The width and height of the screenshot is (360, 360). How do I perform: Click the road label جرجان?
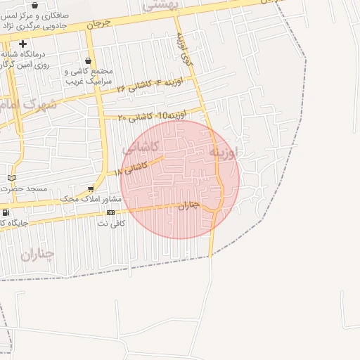pyautogui.click(x=99, y=23)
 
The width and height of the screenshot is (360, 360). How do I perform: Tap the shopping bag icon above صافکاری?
pyautogui.click(x=34, y=5)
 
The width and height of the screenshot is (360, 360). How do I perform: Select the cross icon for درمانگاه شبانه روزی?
pyautogui.click(x=22, y=44)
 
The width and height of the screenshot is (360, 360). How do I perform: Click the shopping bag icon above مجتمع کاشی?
pyautogui.click(x=87, y=61)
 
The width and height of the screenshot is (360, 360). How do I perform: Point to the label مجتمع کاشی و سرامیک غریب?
pyautogui.click(x=89, y=76)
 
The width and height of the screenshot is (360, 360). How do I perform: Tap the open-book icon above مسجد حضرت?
pyautogui.click(x=11, y=177)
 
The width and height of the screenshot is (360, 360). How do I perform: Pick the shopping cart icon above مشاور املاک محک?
pyautogui.click(x=91, y=188)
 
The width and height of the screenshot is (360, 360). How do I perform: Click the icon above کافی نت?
pyautogui.click(x=110, y=212)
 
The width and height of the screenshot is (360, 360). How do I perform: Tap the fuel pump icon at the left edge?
pyautogui.click(x=6, y=212)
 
